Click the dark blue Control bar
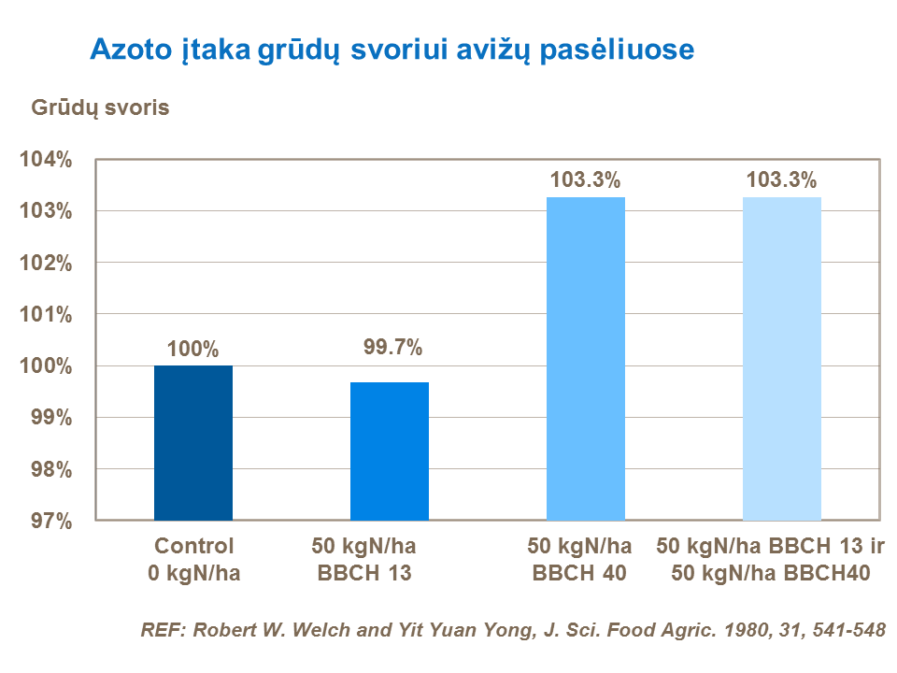point(193,442)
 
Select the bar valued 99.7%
point(390,451)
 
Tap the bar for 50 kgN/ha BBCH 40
point(586,358)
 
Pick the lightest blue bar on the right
point(782,358)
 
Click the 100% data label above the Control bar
point(193,351)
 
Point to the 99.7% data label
point(392,349)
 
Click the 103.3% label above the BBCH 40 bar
point(586,180)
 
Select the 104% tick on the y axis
point(47,160)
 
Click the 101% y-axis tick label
point(47,315)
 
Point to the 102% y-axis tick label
point(47,264)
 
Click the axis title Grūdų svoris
point(101,107)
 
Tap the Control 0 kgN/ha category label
point(193,559)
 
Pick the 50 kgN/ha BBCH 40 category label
point(579,559)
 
